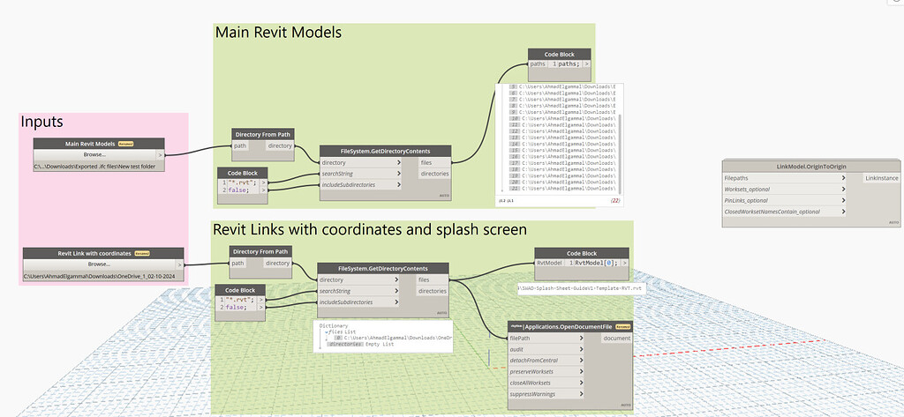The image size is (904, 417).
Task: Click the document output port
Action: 616,338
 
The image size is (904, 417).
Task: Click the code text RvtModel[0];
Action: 602,263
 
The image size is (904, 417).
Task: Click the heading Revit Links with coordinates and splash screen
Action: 370,229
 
